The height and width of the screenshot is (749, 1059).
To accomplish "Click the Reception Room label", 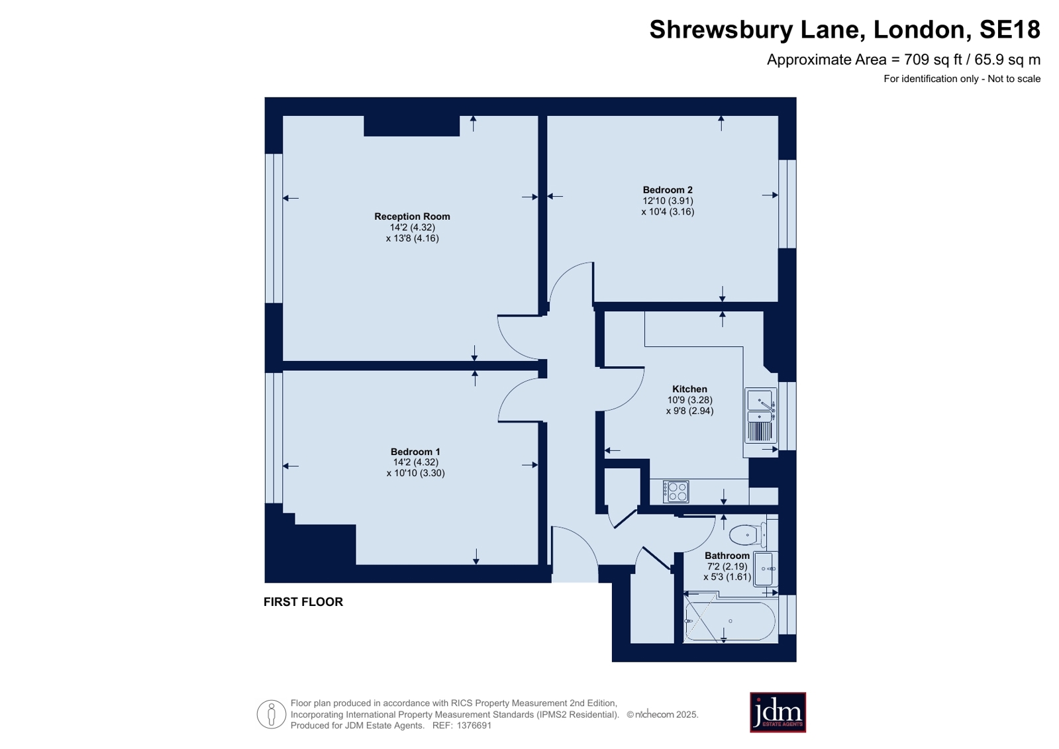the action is (412, 217).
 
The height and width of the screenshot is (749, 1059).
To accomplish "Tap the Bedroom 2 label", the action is (668, 190).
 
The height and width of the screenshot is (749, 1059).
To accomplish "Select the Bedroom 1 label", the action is (415, 452).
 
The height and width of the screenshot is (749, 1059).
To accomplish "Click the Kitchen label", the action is (689, 389).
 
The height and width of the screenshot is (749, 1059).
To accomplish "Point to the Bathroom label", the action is (727, 556).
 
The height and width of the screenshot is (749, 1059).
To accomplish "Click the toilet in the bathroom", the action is (748, 535).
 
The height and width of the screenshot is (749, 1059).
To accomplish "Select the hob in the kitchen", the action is (676, 491).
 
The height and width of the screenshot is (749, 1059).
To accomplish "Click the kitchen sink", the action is (761, 415).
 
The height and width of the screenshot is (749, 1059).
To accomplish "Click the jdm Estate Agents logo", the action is (778, 712).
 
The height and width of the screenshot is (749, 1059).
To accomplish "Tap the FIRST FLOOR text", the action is (303, 602).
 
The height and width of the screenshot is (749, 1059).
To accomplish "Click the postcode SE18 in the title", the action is (1009, 29).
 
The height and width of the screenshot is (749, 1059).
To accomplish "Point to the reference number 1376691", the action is (474, 725).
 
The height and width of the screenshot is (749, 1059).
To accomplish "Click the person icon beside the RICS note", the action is (272, 714).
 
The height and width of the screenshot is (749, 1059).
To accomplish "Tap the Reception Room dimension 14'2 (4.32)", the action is (412, 227).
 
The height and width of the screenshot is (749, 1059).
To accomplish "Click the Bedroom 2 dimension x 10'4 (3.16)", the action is (668, 212).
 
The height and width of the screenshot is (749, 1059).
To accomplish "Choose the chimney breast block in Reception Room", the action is (411, 126).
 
